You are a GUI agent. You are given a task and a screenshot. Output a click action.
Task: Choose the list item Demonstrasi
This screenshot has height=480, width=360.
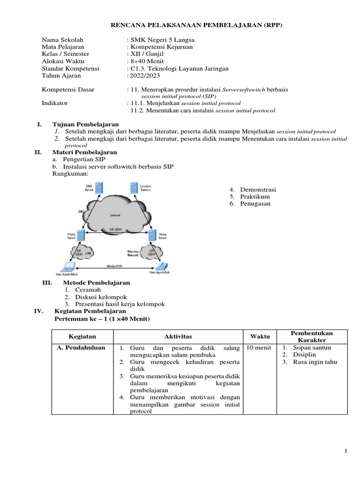click(x=258, y=189)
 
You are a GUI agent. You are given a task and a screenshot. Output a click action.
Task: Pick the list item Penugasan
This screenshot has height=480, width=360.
click(x=255, y=204)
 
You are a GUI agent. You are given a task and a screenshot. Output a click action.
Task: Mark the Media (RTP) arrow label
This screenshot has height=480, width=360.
click(x=114, y=265)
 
